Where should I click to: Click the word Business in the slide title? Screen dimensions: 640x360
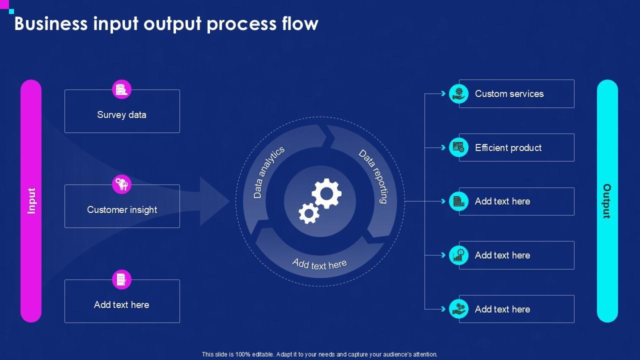point(51,23)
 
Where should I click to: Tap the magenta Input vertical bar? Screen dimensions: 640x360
point(31,201)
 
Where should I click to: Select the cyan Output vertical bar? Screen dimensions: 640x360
point(607,201)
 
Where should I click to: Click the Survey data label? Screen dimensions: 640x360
point(121,115)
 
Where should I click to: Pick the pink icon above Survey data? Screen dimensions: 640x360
point(121,89)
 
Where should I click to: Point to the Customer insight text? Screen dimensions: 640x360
point(122,210)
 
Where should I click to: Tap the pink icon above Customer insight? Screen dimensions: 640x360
point(121,184)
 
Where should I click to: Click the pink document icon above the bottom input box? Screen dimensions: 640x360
point(121,279)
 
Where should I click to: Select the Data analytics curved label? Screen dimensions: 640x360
point(268,172)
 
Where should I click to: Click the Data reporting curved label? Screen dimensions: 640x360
point(373,176)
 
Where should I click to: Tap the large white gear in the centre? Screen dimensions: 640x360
point(326,193)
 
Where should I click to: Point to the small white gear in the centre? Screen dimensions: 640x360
point(308,213)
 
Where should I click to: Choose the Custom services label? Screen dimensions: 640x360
point(509,94)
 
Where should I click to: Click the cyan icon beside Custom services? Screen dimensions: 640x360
point(458,93)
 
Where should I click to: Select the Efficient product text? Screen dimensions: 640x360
point(508,147)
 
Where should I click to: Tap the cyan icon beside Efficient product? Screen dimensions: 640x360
point(458,147)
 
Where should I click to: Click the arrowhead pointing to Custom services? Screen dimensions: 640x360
point(443,93)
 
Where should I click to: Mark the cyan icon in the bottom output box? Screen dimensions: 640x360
point(458,309)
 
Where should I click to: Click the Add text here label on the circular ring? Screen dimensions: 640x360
point(319,264)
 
